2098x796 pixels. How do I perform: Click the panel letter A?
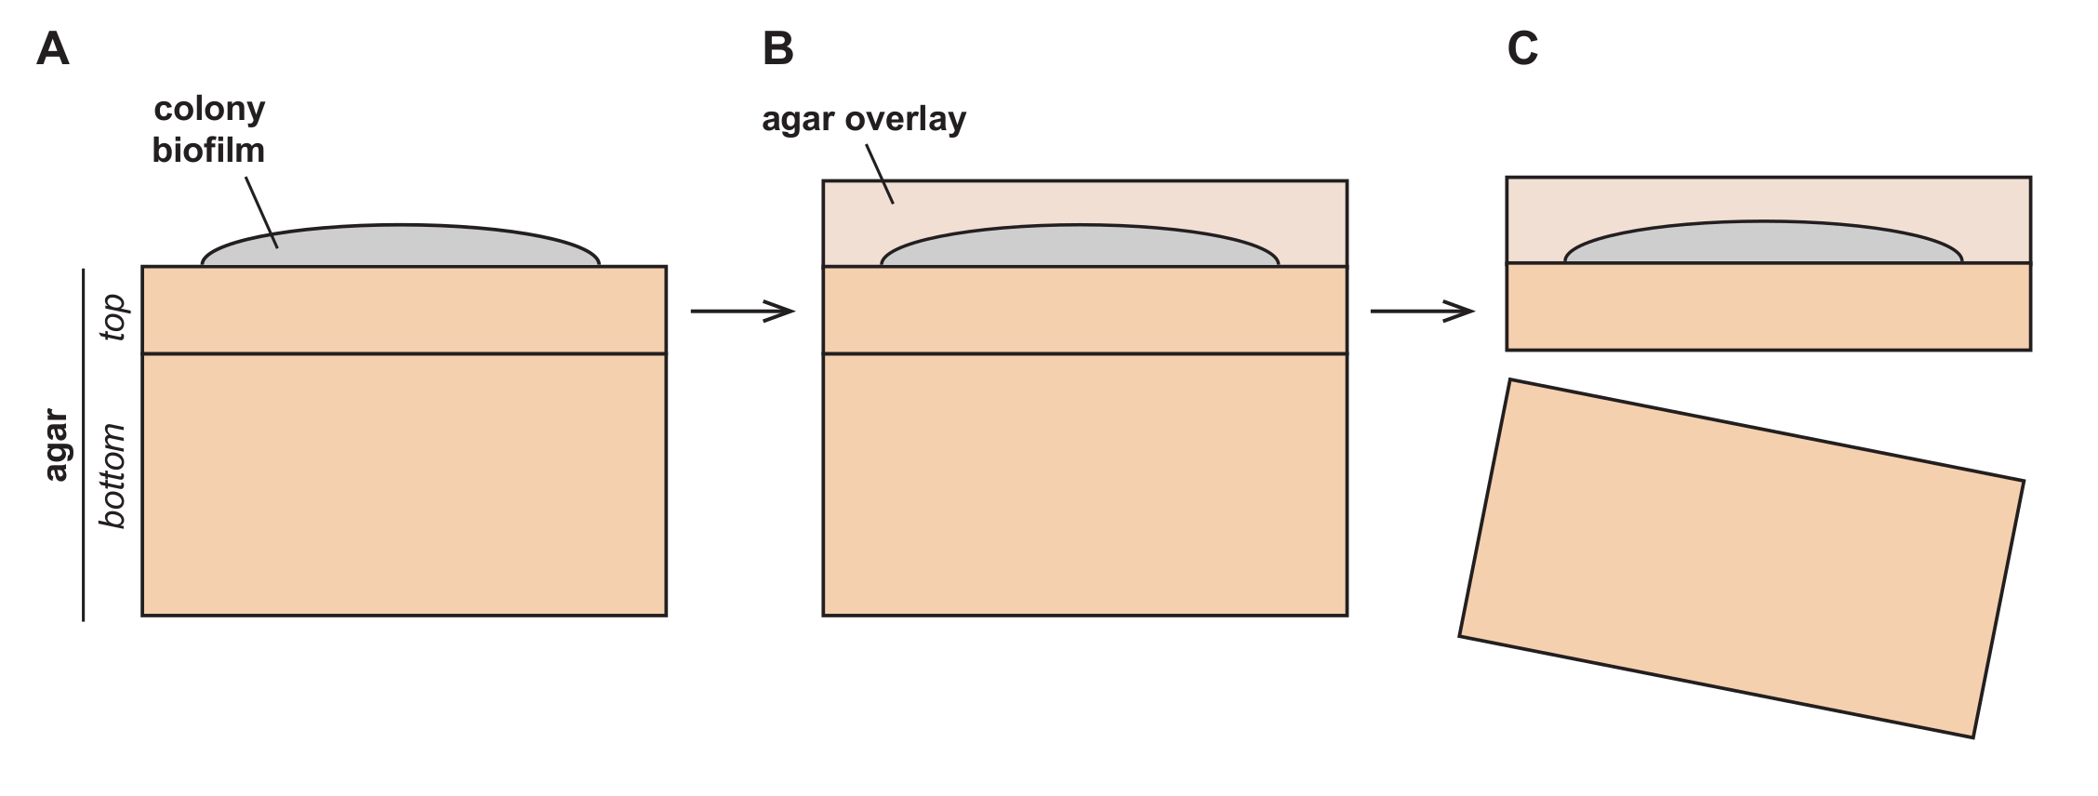click(53, 49)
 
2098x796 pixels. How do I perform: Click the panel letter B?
click(778, 49)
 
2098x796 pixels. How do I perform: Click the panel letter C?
click(1522, 49)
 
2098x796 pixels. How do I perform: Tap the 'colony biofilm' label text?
click(209, 129)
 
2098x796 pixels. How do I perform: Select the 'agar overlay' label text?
click(864, 119)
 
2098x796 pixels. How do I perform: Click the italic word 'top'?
click(113, 317)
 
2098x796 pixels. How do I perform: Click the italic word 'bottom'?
click(113, 476)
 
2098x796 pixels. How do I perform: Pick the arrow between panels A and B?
click(742, 311)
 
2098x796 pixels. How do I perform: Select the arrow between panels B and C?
click(1422, 311)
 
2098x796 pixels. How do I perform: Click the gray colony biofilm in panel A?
click(401, 246)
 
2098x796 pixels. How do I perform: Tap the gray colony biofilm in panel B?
click(1080, 246)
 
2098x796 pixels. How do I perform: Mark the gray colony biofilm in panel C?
click(1763, 243)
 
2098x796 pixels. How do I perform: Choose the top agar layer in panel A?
click(404, 310)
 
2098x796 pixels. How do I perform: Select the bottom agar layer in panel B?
click(1084, 484)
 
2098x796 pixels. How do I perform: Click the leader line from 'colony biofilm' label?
click(261, 212)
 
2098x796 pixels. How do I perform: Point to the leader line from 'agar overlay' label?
click(880, 174)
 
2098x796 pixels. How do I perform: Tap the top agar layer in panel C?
click(1768, 306)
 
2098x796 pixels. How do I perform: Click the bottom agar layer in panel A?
click(404, 484)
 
